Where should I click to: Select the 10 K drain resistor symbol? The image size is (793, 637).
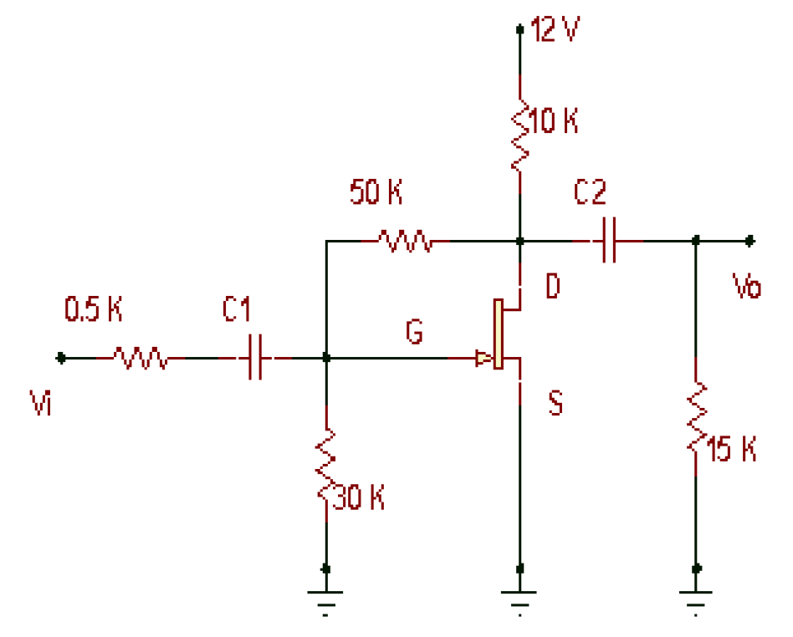[520, 134]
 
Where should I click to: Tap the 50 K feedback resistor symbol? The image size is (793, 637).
[405, 242]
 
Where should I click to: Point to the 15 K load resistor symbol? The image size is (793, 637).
[696, 415]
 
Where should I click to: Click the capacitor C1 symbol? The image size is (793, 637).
[255, 359]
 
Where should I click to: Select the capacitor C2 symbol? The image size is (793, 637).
[608, 242]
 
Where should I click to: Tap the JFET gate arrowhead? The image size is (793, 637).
[483, 359]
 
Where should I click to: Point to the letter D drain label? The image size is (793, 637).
[553, 287]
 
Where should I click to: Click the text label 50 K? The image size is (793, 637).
[376, 194]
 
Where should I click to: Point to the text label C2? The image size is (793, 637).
[590, 194]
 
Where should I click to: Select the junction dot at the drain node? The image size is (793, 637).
[520, 242]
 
